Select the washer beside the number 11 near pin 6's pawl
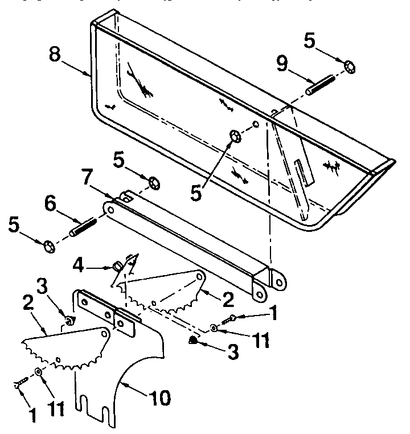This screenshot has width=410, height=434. click(x=38, y=371)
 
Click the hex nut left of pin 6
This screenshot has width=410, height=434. click(x=49, y=246)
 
